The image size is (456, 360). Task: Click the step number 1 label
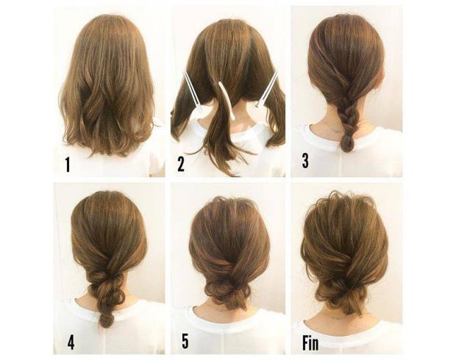(x=68, y=165)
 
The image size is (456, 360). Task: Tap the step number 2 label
(x=181, y=165)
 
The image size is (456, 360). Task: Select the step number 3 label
(x=305, y=162)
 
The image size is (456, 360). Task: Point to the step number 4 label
(x=71, y=343)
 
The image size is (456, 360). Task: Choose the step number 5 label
(x=185, y=341)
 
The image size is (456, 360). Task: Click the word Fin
(x=310, y=343)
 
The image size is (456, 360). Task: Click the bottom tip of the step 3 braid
(x=347, y=151)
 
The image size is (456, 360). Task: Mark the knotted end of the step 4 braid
(x=107, y=319)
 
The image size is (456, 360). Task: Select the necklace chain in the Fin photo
(x=335, y=317)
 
